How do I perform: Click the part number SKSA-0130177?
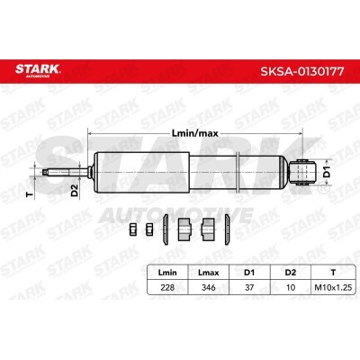pos(302,71)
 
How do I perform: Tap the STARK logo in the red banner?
pos(38,70)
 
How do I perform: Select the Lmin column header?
pos(167,273)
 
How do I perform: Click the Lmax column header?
pos(209,273)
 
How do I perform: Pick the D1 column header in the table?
pos(249,273)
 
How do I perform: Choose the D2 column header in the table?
pos(291,273)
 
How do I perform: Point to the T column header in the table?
pos(333,273)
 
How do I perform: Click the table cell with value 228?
pos(167,287)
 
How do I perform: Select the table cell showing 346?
pos(209,287)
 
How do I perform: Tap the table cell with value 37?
pos(249,287)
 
